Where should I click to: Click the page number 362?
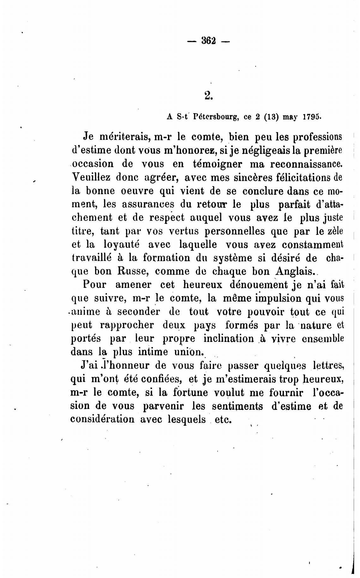[x=208, y=41]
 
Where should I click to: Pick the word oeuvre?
[x=136, y=191]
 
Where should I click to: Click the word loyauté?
[x=122, y=244]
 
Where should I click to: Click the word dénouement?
[x=259, y=285]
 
